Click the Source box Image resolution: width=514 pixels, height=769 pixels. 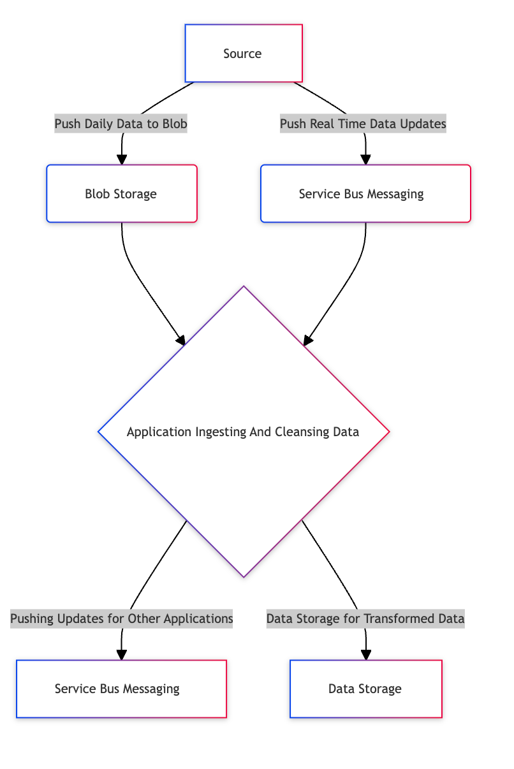pyautogui.click(x=243, y=54)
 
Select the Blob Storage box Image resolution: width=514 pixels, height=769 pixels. pyautogui.click(x=121, y=194)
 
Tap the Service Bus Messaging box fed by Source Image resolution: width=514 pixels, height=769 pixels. pyautogui.click(x=365, y=194)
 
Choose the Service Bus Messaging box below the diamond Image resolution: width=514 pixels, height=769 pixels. pyautogui.click(x=121, y=689)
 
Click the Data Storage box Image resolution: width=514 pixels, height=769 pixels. pyautogui.click(x=365, y=689)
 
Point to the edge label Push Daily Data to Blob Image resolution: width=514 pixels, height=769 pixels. pyautogui.click(x=121, y=124)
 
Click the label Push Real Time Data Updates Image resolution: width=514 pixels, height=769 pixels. pyautogui.click(x=363, y=124)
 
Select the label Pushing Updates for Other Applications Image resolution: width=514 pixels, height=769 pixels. pyautogui.click(x=121, y=619)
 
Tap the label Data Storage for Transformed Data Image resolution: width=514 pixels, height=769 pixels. pyautogui.click(x=365, y=619)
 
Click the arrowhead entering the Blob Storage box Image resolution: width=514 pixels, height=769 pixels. pyautogui.click(x=121, y=160)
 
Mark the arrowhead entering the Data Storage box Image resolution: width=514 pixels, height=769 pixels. pyautogui.click(x=366, y=655)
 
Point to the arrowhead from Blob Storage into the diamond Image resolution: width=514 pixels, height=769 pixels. pyautogui.click(x=181, y=341)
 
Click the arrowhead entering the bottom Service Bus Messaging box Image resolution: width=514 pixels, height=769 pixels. pyautogui.click(x=121, y=655)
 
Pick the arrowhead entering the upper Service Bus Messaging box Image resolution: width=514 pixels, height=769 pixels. pyautogui.click(x=365, y=160)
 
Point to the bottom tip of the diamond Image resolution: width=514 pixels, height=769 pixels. pyautogui.click(x=244, y=576)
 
